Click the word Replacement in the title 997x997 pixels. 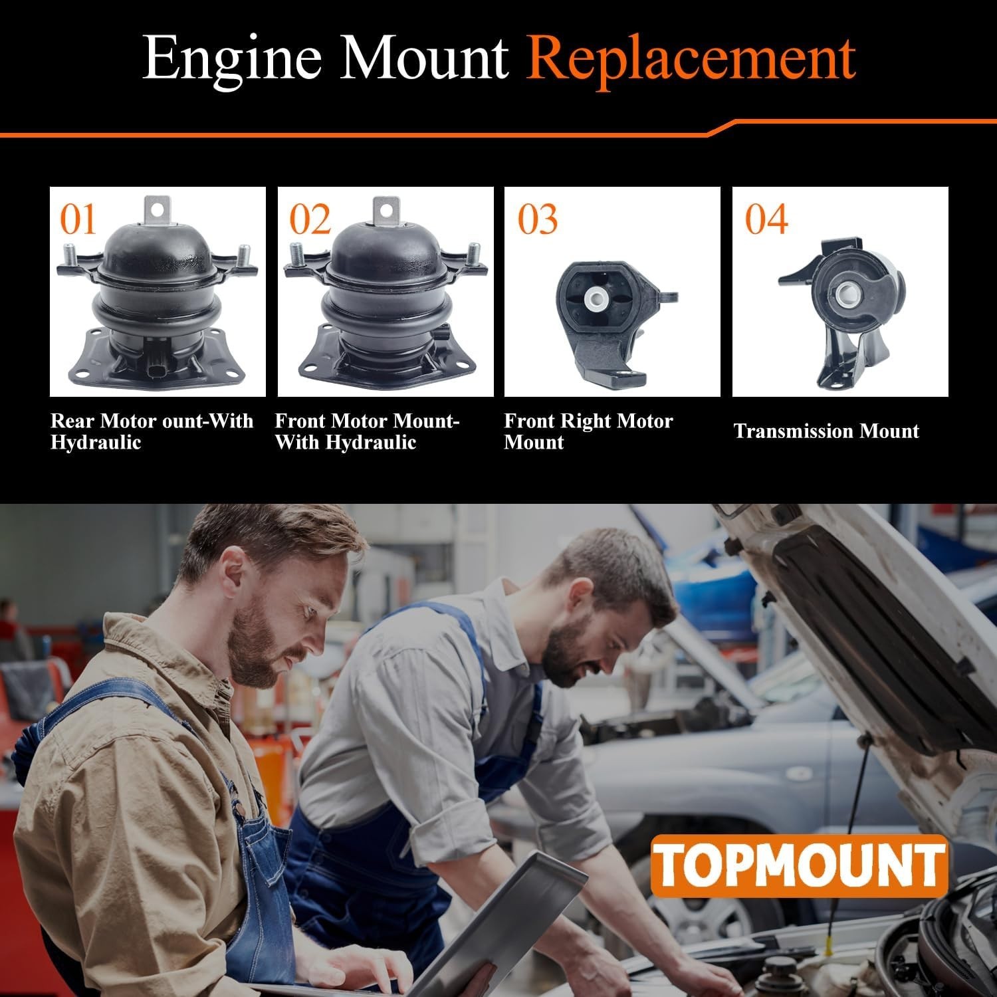691,58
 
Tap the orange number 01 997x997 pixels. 78,219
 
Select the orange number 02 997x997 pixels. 310,219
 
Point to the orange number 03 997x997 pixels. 538,219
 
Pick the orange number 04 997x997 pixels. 766,219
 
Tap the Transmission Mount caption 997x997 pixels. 826,431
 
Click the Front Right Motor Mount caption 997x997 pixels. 588,431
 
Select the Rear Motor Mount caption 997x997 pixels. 152,431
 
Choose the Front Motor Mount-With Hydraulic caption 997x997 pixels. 367,431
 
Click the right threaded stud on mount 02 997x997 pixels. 474,255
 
